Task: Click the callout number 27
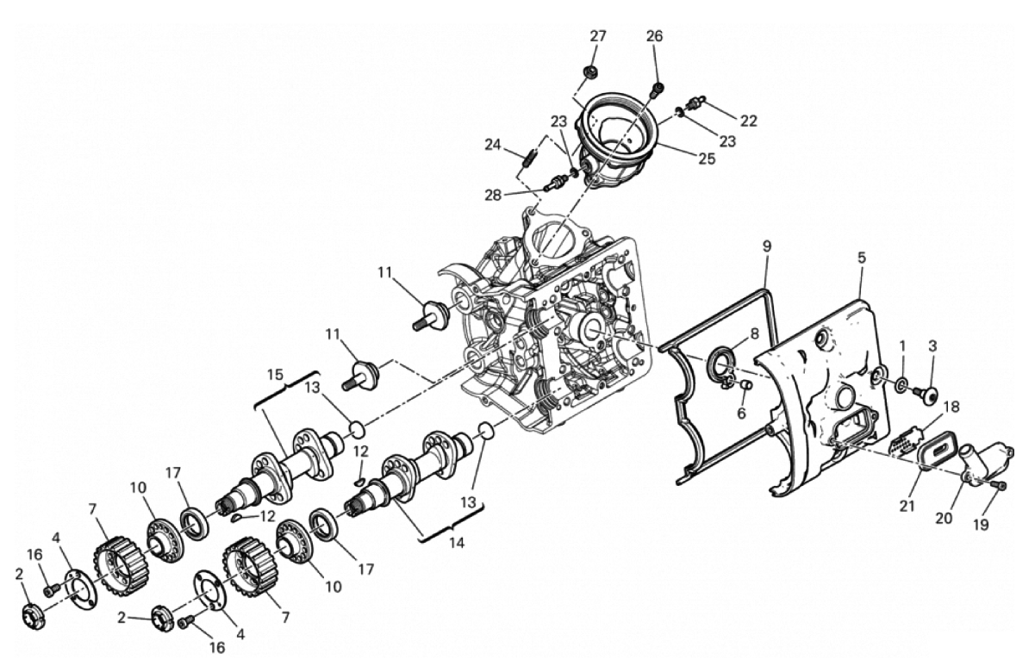[x=597, y=36]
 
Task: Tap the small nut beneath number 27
[x=590, y=72]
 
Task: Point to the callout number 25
[x=707, y=159]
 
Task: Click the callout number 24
[x=493, y=145]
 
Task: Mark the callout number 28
[x=493, y=195]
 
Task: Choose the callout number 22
[x=749, y=121]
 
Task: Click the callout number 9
[x=767, y=246]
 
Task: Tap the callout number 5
[x=862, y=258]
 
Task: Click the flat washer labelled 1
[x=898, y=383]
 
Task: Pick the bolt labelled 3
[x=926, y=394]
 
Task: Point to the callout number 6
[x=742, y=413]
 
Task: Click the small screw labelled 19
[x=1000, y=498]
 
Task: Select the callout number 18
[x=951, y=408]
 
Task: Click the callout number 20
[x=945, y=518]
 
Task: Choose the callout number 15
[x=276, y=374]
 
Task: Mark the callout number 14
[x=456, y=542]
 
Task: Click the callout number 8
[x=754, y=333]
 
